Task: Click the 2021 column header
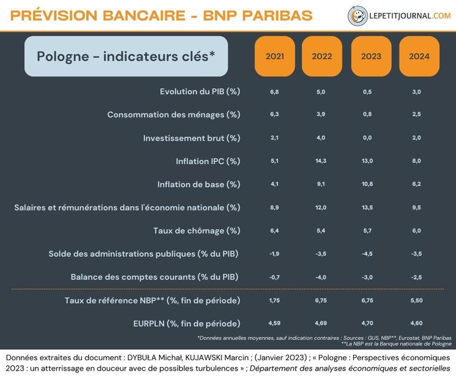275,56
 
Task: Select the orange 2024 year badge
419,56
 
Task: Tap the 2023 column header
371,56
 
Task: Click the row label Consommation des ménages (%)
174,115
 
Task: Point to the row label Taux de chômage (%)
196,231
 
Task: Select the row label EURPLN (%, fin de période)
187,324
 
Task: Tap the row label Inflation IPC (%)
208,161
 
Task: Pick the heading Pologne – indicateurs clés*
125,56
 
